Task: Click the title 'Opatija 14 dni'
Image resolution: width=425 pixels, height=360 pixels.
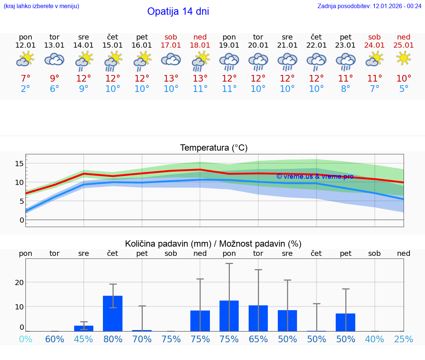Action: coord(178,11)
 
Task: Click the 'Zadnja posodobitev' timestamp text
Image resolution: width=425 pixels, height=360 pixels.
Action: coord(369,6)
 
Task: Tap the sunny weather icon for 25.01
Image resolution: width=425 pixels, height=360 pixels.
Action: coord(404,58)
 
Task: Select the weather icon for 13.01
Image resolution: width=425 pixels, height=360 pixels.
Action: coord(54,59)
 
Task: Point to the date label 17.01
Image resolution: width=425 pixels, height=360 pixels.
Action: coord(171,45)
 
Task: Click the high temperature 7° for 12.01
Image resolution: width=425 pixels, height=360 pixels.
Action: coord(25,79)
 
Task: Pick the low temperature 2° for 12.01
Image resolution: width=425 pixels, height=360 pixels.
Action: coord(25,89)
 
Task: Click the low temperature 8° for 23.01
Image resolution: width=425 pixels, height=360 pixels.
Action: coord(346,89)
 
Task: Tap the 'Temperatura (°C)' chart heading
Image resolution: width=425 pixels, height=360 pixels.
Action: coord(214,148)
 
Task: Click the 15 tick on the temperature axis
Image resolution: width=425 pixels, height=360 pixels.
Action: coord(20,164)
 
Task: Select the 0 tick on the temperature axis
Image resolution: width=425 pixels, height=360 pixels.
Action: coord(22,220)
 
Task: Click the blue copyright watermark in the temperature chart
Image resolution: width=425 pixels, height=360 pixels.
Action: coord(315,176)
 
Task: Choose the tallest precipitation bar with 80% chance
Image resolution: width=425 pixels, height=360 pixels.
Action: coord(113,313)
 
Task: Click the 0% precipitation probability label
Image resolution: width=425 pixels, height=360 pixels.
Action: coord(25,339)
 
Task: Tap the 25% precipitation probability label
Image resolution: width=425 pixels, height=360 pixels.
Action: coord(404,339)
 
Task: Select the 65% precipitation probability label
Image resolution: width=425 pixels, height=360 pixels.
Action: coord(258,339)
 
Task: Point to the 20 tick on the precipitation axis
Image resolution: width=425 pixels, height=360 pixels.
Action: coord(19,282)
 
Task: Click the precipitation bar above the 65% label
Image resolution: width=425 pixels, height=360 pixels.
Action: coord(258,318)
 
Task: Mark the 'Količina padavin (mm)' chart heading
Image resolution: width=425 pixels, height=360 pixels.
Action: coord(168,244)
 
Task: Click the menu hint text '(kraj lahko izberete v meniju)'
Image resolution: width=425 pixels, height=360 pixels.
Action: coord(41,6)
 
